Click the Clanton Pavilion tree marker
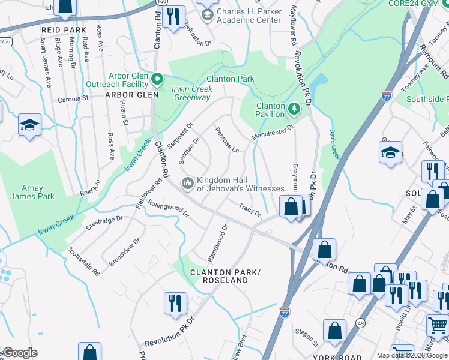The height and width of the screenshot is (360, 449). tap(294, 109)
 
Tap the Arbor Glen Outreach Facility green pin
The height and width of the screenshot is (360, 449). tap(157, 79)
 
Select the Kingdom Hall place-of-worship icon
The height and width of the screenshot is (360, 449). tap(188, 182)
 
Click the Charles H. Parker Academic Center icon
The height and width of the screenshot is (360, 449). tap(208, 16)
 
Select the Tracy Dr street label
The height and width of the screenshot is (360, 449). tap(250, 210)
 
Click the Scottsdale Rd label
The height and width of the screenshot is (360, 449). tap(83, 260)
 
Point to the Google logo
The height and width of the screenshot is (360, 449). tap(19, 353)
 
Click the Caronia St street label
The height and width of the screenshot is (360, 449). tap(73, 97)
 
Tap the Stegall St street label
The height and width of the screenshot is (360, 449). tap(306, 337)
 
